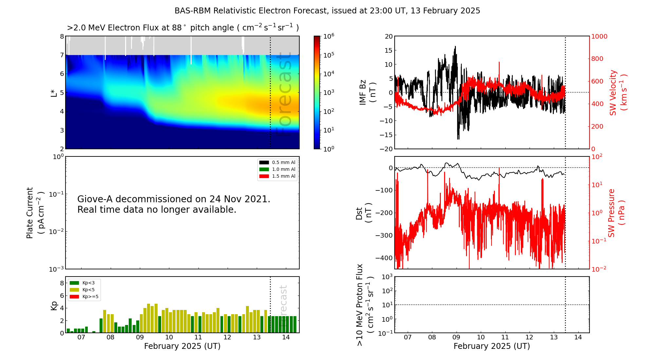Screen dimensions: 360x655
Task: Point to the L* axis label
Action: pyautogui.click(x=54, y=93)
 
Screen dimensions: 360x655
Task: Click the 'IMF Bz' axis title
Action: pyautogui.click(x=363, y=92)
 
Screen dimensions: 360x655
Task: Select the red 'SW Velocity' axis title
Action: pyautogui.click(x=613, y=93)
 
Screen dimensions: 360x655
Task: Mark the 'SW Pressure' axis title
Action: pyautogui.click(x=611, y=213)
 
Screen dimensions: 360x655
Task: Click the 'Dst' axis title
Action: pyautogui.click(x=359, y=213)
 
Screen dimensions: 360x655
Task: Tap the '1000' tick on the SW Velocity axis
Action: pyautogui.click(x=599, y=36)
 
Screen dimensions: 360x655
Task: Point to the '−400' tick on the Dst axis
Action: pyautogui.click(x=384, y=258)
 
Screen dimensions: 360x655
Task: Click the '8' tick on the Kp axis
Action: pyautogui.click(x=62, y=283)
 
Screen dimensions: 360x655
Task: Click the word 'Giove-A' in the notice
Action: pyautogui.click(x=95, y=199)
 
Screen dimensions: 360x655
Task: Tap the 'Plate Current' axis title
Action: pyautogui.click(x=30, y=213)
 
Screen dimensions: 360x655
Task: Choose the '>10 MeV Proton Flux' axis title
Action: pyautogui.click(x=360, y=305)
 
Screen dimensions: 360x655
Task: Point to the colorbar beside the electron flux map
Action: pyautogui.click(x=317, y=92)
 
